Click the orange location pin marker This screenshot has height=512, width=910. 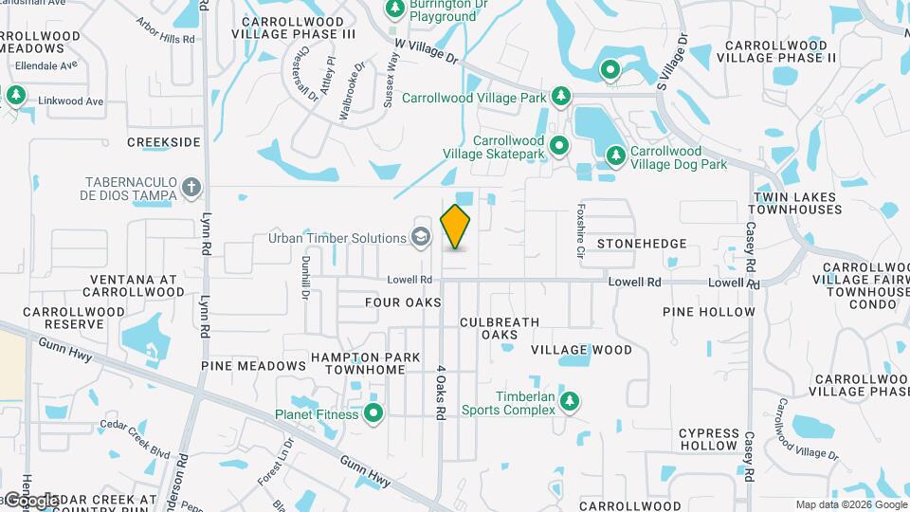[x=456, y=226]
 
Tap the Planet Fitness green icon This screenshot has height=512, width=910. [x=373, y=413]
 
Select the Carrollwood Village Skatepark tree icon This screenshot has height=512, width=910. [x=560, y=145]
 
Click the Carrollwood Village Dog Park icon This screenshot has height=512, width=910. [x=615, y=154]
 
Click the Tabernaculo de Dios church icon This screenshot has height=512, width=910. [x=191, y=187]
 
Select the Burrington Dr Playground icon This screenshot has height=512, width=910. [x=395, y=9]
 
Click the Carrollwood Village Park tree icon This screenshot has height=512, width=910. [x=561, y=96]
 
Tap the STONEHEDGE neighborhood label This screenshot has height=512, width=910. [x=642, y=244]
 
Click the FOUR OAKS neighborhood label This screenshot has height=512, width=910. [x=404, y=302]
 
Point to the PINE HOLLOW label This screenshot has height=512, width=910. [x=709, y=312]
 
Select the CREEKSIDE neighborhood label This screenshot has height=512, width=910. [x=164, y=142]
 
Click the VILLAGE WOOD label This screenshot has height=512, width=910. [x=581, y=350]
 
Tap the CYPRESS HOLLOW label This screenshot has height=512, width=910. [x=708, y=439]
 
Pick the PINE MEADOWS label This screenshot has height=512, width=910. [x=253, y=366]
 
